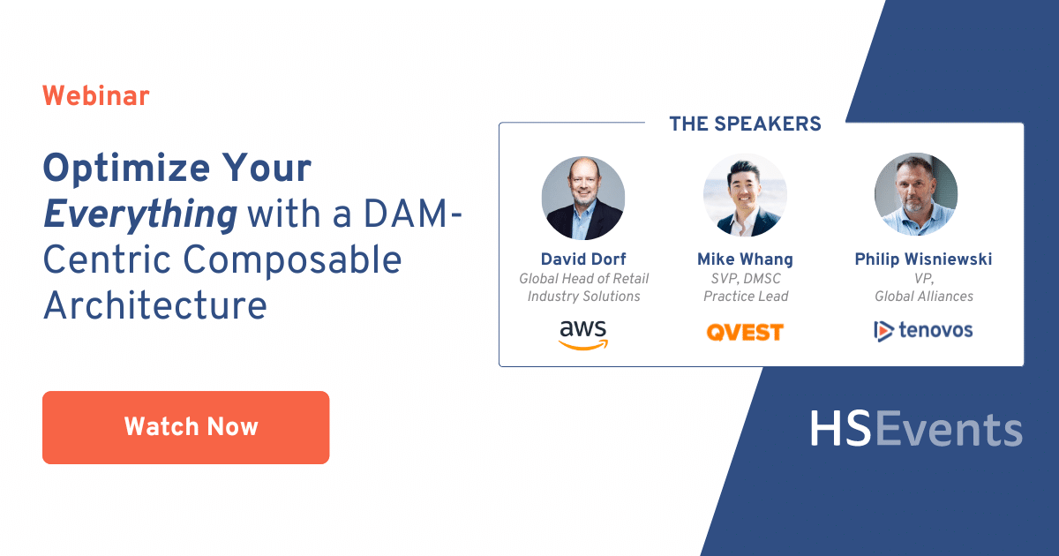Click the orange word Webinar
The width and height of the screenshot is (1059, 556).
pyautogui.click(x=95, y=96)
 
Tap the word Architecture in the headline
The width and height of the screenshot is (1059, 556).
pyautogui.click(x=154, y=305)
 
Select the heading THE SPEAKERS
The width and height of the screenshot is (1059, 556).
pyautogui.click(x=745, y=124)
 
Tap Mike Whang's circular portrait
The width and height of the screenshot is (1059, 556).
pyautogui.click(x=745, y=196)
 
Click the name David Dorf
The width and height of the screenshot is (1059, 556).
pyautogui.click(x=583, y=259)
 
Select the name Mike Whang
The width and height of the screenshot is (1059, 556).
pyautogui.click(x=745, y=259)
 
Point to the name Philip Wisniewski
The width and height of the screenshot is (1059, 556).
pyautogui.click(x=923, y=259)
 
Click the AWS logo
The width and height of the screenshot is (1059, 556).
pyautogui.click(x=583, y=334)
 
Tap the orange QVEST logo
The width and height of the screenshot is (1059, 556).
pyautogui.click(x=745, y=333)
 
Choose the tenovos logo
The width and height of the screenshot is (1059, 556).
pyautogui.click(x=923, y=331)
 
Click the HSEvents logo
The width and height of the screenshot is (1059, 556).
pyautogui.click(x=915, y=429)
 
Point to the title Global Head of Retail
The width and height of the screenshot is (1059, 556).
pyautogui.click(x=583, y=279)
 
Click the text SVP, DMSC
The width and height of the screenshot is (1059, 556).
pyautogui.click(x=745, y=279)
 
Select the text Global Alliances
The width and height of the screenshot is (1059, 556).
pyautogui.click(x=923, y=297)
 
